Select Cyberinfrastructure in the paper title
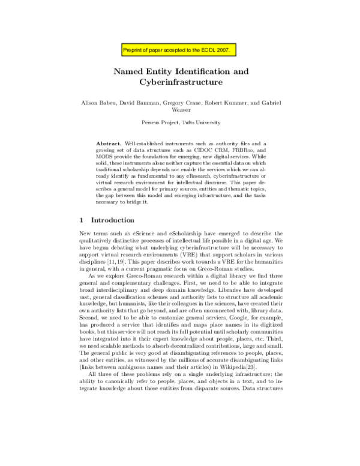(x=181, y=82)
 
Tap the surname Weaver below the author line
(x=181, y=111)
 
